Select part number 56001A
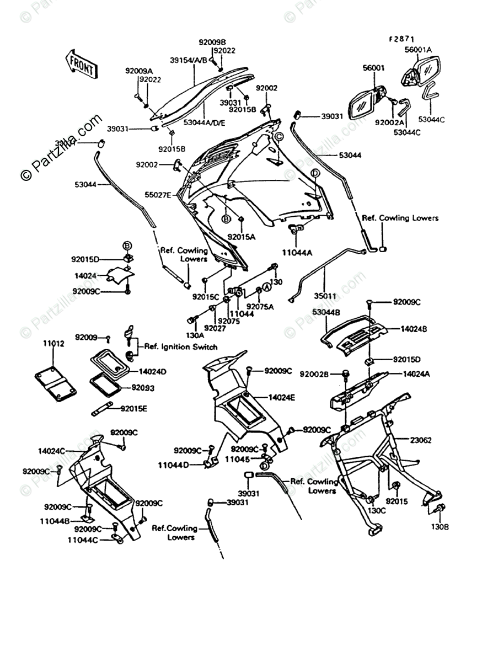[419, 49]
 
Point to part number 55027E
[158, 194]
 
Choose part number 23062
[421, 440]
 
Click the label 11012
[53, 344]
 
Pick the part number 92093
[143, 388]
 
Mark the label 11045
[241, 459]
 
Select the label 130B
[440, 527]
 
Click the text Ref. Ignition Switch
[181, 347]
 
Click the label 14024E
[283, 397]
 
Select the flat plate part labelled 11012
[56, 385]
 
